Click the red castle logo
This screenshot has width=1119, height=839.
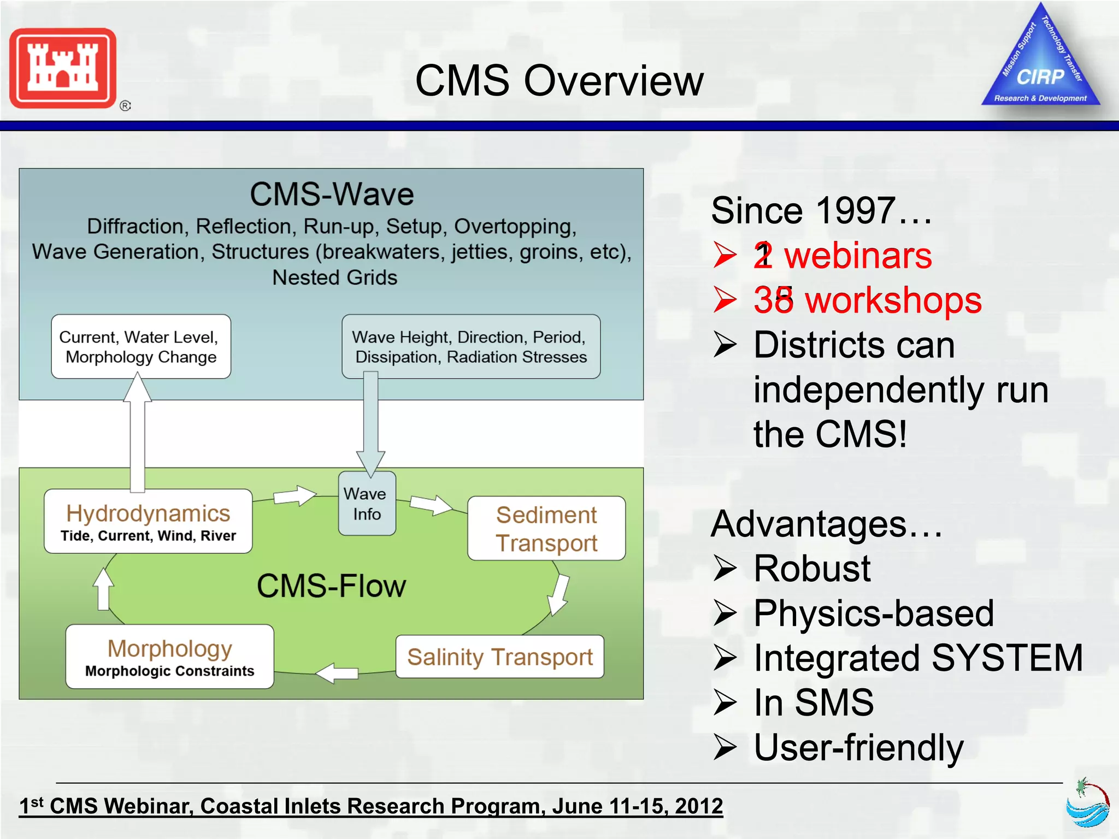point(63,68)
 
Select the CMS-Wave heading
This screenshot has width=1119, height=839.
point(332,194)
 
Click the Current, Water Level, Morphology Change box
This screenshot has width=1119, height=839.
point(141,346)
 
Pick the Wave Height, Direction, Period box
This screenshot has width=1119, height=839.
point(470,346)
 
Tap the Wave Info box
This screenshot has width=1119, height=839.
point(367,504)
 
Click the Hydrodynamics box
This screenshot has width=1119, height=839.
point(148,521)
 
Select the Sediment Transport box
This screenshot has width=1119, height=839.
point(546,528)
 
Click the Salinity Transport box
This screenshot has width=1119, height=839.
point(499,657)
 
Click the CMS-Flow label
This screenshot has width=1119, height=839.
point(331,586)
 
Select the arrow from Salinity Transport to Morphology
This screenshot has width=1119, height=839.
point(337,673)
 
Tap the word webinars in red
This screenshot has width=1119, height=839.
point(858,256)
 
